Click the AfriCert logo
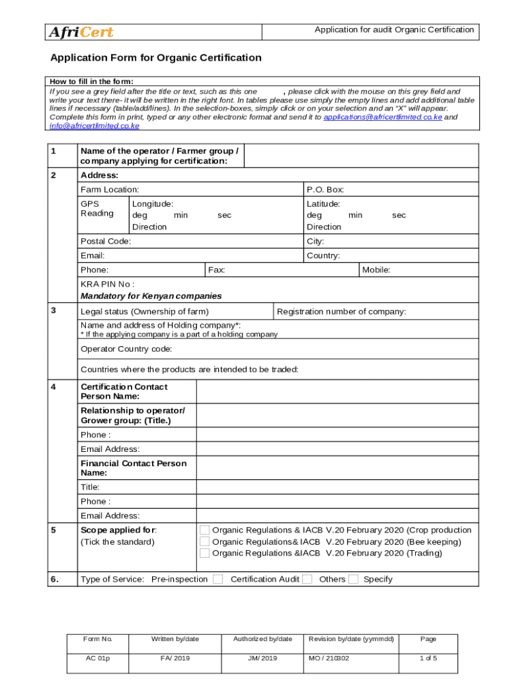80,32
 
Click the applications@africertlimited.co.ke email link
382,117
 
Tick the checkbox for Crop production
205,530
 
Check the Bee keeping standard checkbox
205,542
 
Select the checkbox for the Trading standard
205,554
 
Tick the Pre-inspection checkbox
217,580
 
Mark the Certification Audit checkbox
307,580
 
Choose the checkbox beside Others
353,580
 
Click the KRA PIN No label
107,284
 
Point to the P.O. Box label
325,189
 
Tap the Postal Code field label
106,242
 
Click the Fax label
217,270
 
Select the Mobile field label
376,270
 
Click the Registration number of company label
342,312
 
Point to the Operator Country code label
126,349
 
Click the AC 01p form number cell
97,659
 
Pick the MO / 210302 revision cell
329,659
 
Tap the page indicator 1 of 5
428,659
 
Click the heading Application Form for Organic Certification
155,58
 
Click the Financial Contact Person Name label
133,468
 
